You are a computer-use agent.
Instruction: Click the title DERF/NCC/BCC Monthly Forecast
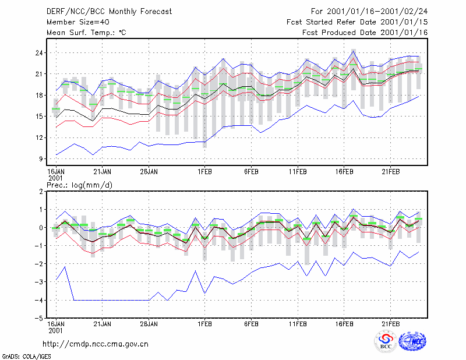[x=109, y=12]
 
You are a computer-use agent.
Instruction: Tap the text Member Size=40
[x=78, y=22]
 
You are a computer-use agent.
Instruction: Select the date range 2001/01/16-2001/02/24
[x=377, y=12]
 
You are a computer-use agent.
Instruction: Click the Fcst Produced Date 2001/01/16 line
[x=365, y=33]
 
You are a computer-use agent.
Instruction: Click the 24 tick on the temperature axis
[x=39, y=53]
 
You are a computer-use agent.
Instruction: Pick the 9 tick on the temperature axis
[x=41, y=159]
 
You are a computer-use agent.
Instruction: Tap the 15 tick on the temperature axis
[x=39, y=117]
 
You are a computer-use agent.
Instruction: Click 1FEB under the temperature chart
[x=205, y=172]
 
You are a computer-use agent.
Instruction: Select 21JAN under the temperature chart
[x=103, y=172]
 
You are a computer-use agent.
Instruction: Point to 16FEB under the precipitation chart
[x=344, y=324]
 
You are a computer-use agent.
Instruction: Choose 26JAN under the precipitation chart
[x=149, y=324]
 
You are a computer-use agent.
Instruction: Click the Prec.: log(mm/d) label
[x=80, y=185]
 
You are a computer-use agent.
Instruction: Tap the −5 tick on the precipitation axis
[x=38, y=318]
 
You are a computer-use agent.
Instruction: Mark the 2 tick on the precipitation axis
[x=41, y=192]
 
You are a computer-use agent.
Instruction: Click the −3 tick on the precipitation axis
[x=38, y=282]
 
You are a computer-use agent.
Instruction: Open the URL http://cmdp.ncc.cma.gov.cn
[x=96, y=344]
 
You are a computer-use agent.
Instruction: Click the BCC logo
[x=386, y=342]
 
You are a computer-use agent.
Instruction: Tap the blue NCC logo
[x=412, y=341]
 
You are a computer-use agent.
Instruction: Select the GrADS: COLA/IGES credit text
[x=26, y=357]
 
